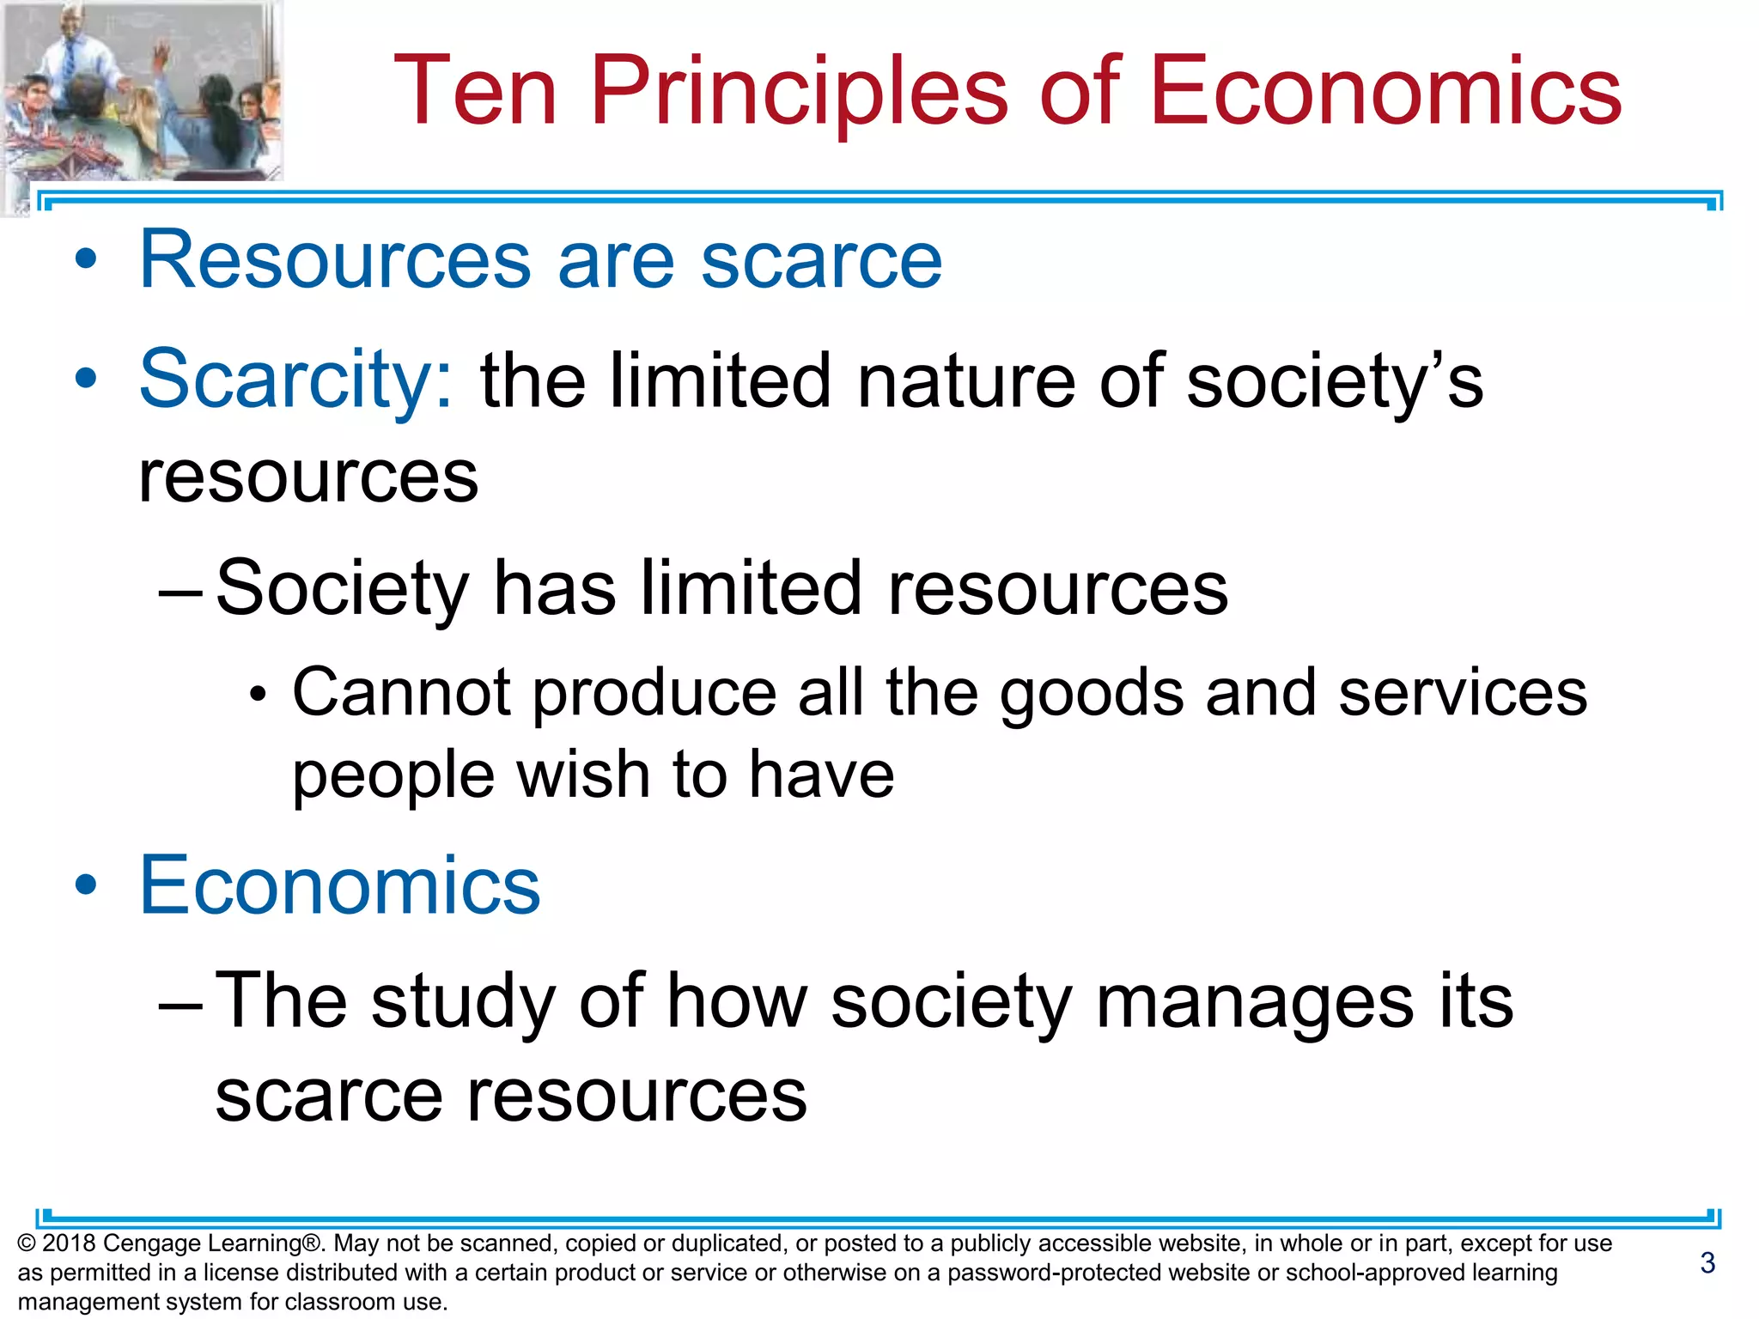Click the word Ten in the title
(475, 91)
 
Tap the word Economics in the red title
(1385, 91)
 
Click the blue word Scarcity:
(295, 380)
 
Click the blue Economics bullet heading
(339, 885)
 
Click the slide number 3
(1707, 1262)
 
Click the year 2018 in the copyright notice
(69, 1243)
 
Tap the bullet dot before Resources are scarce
(85, 259)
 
